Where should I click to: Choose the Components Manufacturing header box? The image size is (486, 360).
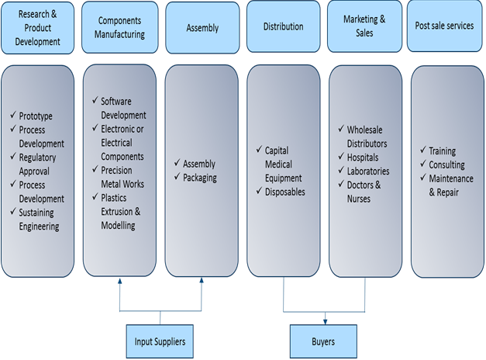tap(120, 27)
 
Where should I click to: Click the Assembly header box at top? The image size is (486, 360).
tap(202, 27)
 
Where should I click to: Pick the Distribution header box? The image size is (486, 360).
tap(283, 26)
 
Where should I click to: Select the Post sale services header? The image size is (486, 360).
tap(445, 26)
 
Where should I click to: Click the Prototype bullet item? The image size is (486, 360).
tap(36, 116)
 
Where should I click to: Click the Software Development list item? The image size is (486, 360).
tap(122, 109)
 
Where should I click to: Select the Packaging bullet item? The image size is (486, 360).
tap(199, 178)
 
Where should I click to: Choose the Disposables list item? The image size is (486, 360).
tap(285, 192)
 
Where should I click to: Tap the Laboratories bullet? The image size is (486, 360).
tap(368, 171)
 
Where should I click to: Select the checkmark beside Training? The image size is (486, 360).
tap(422, 151)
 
